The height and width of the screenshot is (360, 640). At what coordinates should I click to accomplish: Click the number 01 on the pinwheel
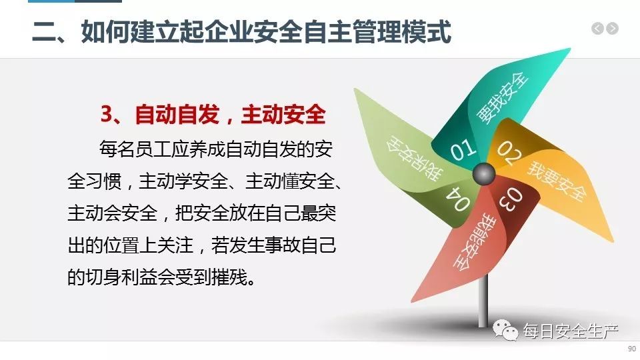[x=463, y=149]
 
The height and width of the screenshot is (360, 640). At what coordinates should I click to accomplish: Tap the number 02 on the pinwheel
[x=509, y=152]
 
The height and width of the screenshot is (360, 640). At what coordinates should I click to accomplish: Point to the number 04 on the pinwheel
[x=458, y=199]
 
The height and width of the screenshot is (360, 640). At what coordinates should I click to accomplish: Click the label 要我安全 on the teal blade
[x=503, y=97]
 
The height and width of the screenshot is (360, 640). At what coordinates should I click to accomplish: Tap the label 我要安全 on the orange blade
[x=557, y=181]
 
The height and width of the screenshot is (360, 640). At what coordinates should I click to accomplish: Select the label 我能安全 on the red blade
[x=474, y=242]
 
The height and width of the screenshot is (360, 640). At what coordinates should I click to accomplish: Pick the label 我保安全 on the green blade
[x=413, y=158]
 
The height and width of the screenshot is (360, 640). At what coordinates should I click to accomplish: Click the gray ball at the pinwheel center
[x=484, y=174]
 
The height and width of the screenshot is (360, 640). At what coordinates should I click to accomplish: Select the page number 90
[x=632, y=349]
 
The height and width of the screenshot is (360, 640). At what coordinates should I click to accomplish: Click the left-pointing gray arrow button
[x=597, y=29]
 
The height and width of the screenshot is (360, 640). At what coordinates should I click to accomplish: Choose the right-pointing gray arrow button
[x=612, y=29]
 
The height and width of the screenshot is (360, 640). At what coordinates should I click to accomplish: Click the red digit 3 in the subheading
[x=107, y=114]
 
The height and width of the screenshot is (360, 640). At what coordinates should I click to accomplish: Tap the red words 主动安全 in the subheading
[x=284, y=114]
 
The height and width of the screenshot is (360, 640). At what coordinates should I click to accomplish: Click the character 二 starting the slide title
[x=44, y=32]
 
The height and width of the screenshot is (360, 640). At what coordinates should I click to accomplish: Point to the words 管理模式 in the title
[x=401, y=31]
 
